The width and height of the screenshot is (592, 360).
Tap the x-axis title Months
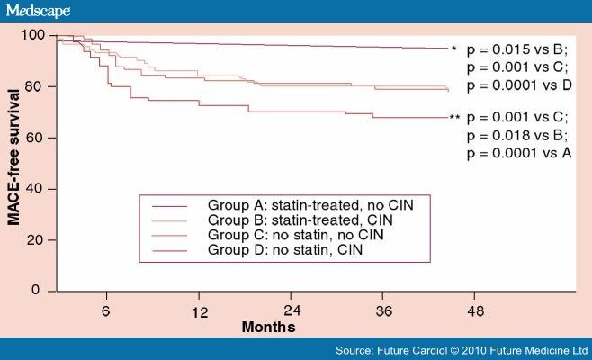[268, 327]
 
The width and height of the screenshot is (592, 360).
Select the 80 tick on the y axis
[37, 86]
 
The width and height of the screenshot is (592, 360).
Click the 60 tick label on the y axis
[37, 138]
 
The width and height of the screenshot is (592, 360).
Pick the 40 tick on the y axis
[37, 189]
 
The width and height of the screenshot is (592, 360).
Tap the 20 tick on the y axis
[37, 240]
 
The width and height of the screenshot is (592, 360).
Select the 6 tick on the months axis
[106, 311]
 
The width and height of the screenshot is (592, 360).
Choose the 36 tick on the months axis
[383, 311]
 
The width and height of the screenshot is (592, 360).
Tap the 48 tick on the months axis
[475, 311]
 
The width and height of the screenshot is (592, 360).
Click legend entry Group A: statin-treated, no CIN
[311, 204]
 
